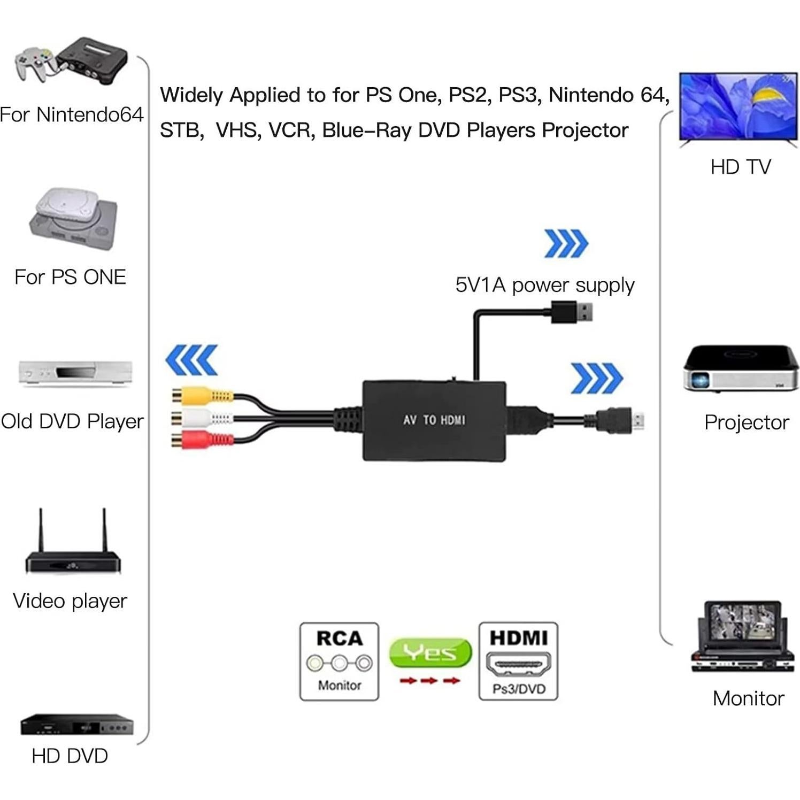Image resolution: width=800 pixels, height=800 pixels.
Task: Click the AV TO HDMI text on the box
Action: (x=434, y=420)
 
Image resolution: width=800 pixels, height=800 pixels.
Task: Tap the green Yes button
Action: (x=430, y=652)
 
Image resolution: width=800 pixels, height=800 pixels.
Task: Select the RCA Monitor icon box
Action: (x=339, y=661)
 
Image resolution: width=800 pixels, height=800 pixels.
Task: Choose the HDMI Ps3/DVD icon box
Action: (x=518, y=661)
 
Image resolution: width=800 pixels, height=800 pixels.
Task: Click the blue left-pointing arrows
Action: (x=191, y=360)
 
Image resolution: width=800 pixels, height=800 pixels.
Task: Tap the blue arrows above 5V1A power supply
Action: (x=566, y=244)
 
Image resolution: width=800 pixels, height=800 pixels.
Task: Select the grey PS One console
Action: (x=74, y=219)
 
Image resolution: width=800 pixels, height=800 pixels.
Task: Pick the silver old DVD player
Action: (x=75, y=372)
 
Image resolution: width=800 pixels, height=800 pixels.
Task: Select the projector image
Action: (x=741, y=369)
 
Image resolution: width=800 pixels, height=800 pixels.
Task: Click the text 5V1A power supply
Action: (x=544, y=285)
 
